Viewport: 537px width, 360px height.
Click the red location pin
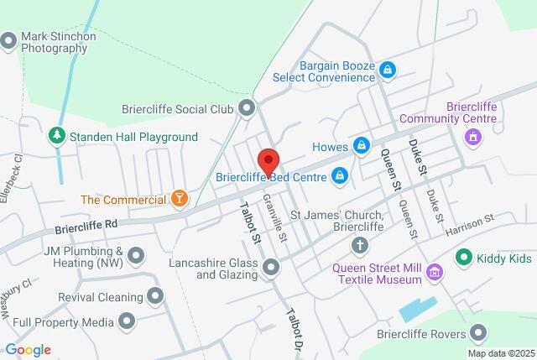click(268, 159)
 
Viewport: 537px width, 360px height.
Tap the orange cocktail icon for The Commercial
click(179, 199)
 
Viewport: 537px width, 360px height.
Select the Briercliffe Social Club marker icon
click(247, 107)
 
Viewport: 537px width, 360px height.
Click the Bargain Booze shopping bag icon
click(387, 70)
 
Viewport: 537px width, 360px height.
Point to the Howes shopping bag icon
click(361, 145)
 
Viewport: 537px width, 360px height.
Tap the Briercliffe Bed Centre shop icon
click(340, 175)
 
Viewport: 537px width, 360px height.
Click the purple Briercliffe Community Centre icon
click(473, 137)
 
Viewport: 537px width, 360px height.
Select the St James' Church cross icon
click(360, 245)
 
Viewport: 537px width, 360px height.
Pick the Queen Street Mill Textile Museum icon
click(434, 271)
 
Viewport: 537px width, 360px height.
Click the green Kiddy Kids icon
click(462, 257)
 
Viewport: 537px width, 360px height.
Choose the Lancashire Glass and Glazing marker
click(271, 268)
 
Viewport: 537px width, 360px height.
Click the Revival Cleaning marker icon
click(154, 295)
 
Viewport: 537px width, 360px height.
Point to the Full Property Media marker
click(127, 321)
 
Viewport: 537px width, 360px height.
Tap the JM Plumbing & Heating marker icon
click(138, 257)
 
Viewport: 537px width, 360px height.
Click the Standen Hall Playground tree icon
click(56, 135)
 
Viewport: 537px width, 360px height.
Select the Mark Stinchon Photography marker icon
click(9, 39)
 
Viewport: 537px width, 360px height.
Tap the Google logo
click(28, 350)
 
